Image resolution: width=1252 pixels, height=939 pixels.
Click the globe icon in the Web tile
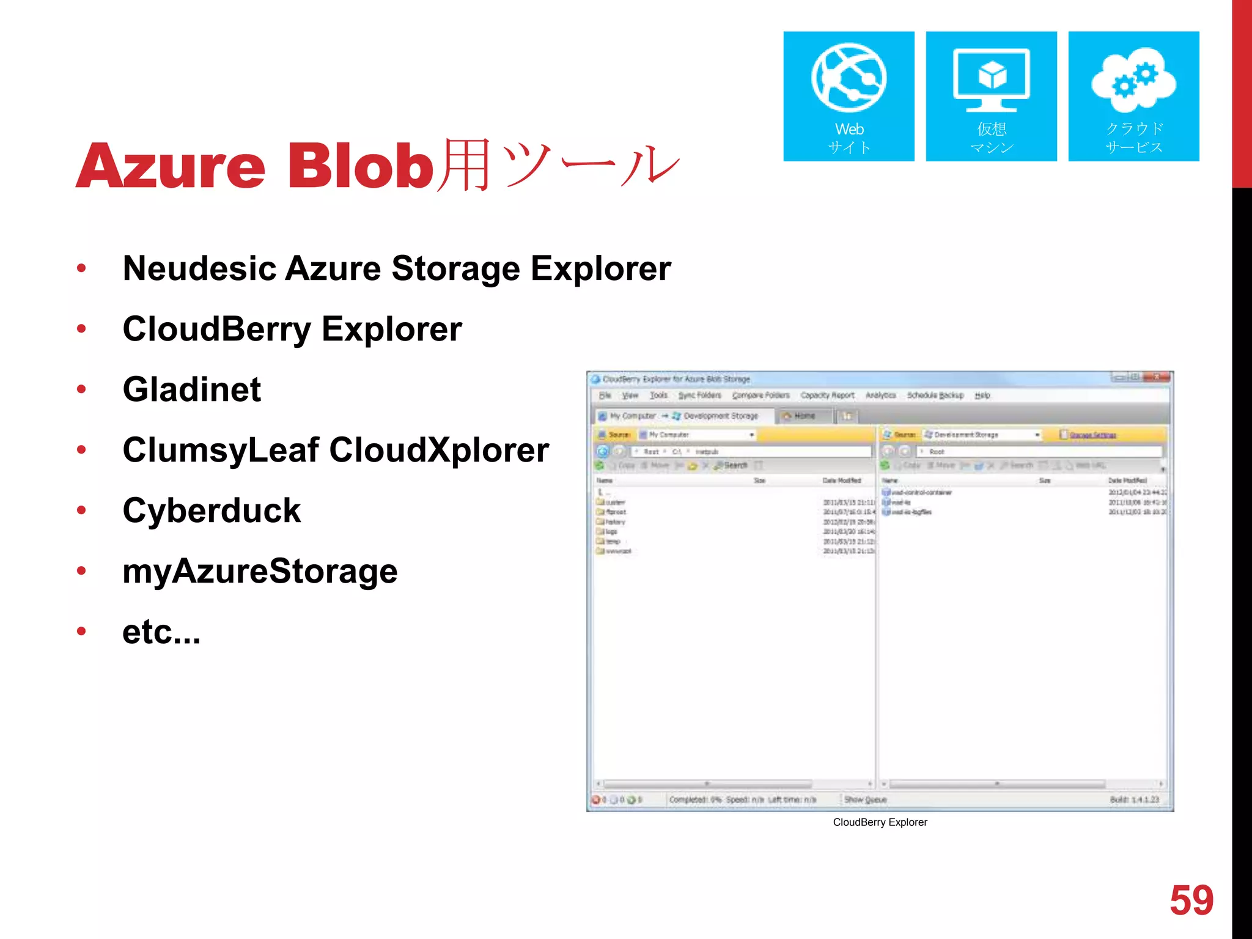(x=849, y=78)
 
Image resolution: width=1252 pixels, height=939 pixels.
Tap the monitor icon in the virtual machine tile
(x=991, y=80)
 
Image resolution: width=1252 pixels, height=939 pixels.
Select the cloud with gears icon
(x=1133, y=80)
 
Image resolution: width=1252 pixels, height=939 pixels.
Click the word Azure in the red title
(x=171, y=166)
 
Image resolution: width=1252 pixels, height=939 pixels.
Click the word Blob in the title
(x=361, y=166)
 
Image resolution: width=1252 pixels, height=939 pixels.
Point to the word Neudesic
(x=199, y=268)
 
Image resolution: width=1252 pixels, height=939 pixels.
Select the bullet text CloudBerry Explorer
(x=292, y=329)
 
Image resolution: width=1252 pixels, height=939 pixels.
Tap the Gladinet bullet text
(x=192, y=389)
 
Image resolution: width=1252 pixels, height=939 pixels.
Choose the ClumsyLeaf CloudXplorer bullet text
(x=336, y=450)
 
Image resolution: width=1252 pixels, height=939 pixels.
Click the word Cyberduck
(x=212, y=510)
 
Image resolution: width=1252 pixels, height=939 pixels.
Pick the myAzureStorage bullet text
(x=260, y=571)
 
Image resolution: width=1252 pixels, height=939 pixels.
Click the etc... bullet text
(x=161, y=632)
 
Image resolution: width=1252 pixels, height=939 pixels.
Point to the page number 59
(x=1191, y=900)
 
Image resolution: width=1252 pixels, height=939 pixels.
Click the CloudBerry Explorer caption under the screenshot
(x=880, y=822)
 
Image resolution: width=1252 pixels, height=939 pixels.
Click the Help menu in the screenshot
(x=982, y=396)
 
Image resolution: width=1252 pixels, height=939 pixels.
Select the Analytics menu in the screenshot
(x=880, y=396)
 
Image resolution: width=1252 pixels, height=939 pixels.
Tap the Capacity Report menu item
(x=827, y=396)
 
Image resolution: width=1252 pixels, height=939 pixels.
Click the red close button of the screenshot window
(x=1156, y=377)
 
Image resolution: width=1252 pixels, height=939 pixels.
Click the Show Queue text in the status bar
(x=865, y=800)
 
